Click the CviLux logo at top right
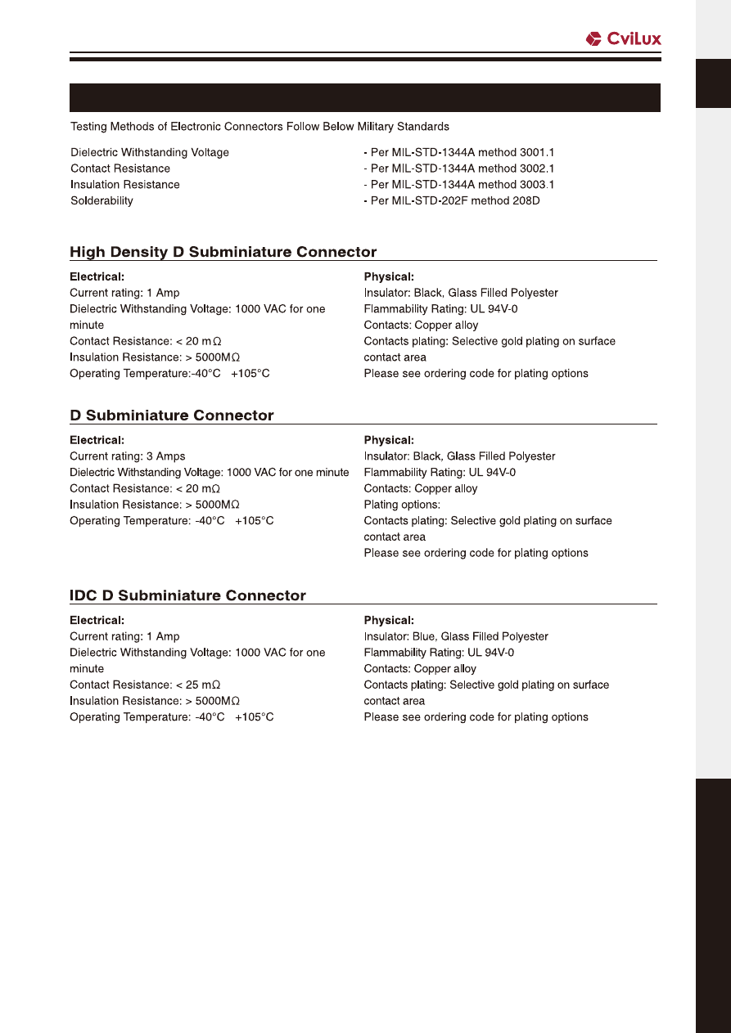[x=623, y=38]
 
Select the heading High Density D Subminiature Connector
[x=223, y=252]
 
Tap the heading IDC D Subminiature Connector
[x=187, y=595]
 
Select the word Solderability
[x=102, y=200]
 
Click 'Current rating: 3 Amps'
[x=127, y=456]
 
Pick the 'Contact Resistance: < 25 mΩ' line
[x=145, y=685]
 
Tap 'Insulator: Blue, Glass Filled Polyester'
[x=455, y=636]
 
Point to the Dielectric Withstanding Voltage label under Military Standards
[x=150, y=152]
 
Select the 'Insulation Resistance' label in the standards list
[x=124, y=185]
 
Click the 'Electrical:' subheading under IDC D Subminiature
[x=97, y=620]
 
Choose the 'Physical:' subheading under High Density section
[x=389, y=276]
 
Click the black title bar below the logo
[x=364, y=97]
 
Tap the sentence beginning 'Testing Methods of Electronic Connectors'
[x=259, y=127]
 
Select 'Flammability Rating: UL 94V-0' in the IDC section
[x=439, y=653]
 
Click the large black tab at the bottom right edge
[x=712, y=904]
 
